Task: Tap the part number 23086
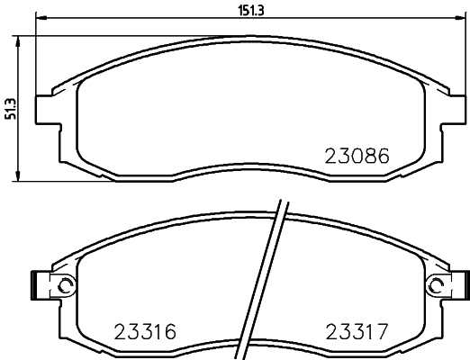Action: pos(356,154)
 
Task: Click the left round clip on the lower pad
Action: pos(65,285)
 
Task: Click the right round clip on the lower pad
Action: pos(437,285)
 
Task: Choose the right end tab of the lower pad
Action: pos(464,285)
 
